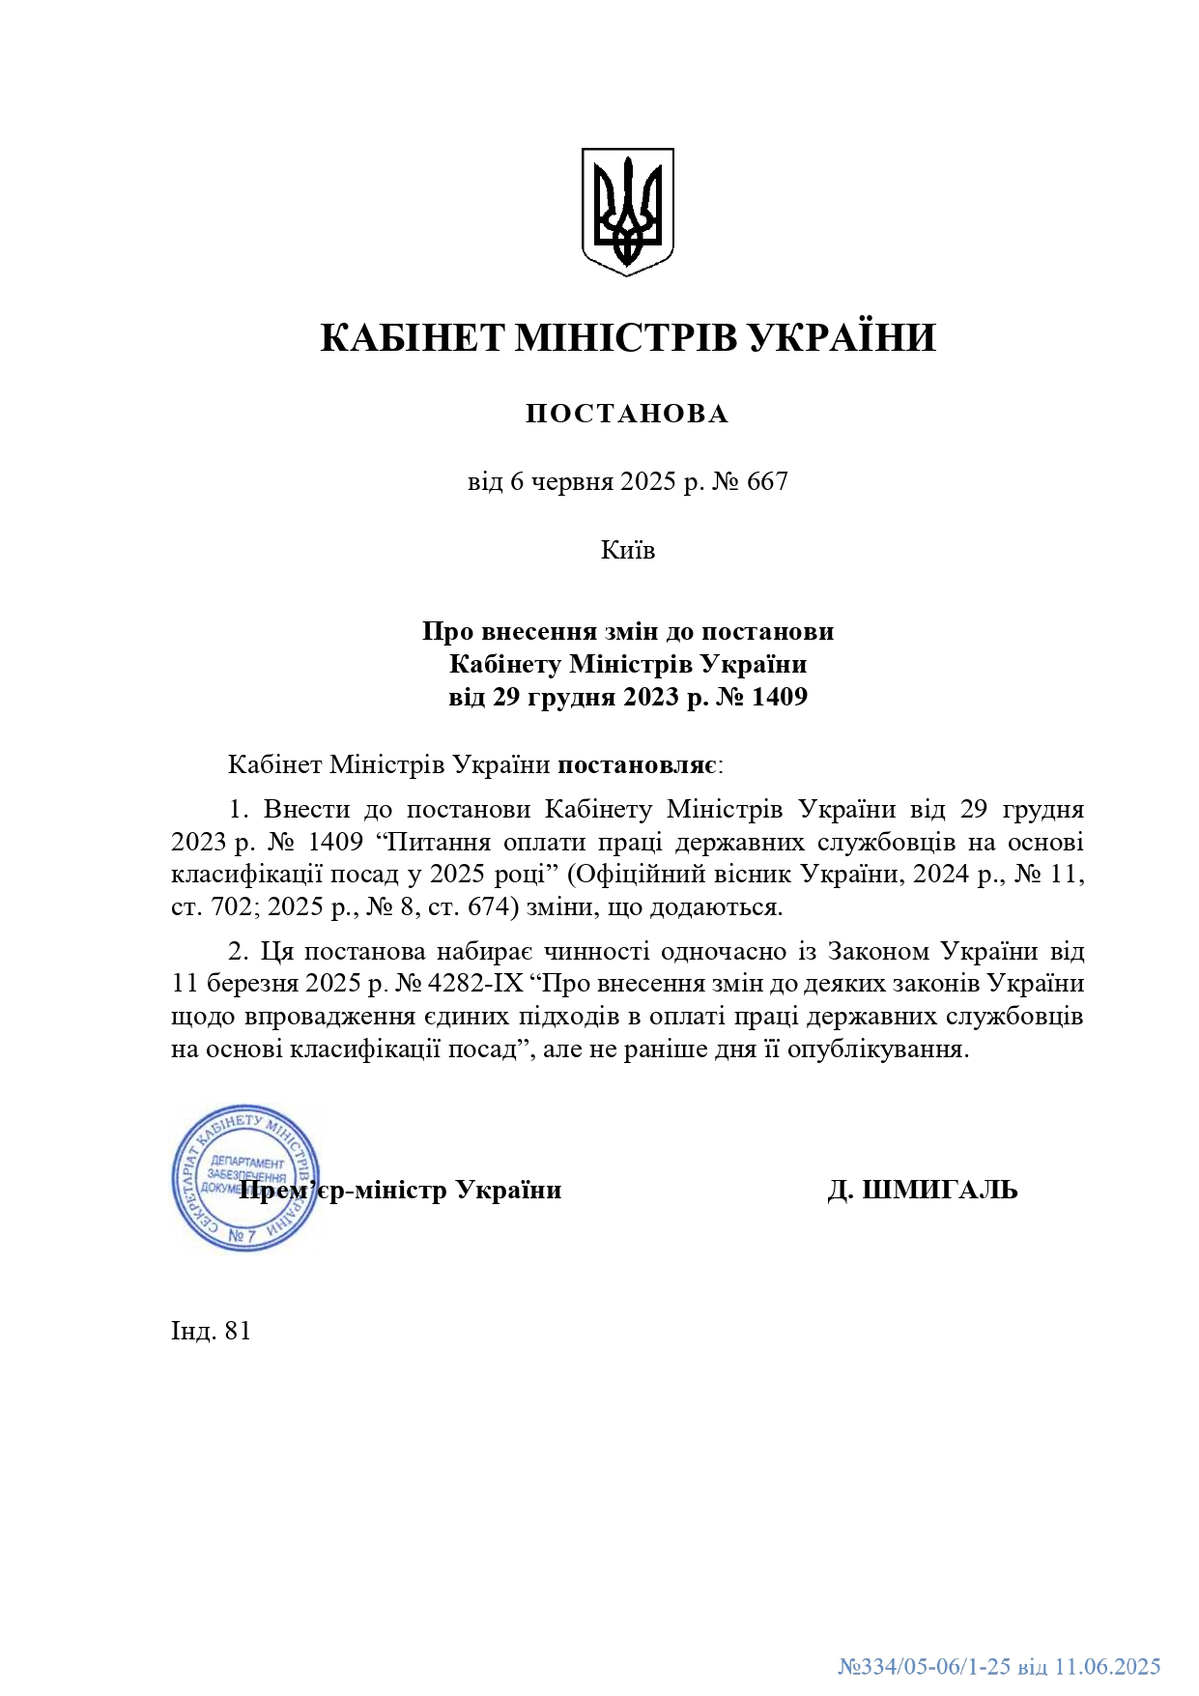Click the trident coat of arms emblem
pyautogui.click(x=627, y=212)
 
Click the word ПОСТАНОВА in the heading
pyautogui.click(x=627, y=414)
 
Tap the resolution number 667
pyautogui.click(x=767, y=481)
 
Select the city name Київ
pyautogui.click(x=628, y=550)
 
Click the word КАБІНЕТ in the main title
pyautogui.click(x=413, y=338)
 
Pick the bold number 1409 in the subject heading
pyautogui.click(x=779, y=697)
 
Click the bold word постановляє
pyautogui.click(x=637, y=765)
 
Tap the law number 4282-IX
pyautogui.click(x=474, y=984)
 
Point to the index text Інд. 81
pyautogui.click(x=211, y=1332)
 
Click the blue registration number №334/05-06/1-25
pyautogui.click(x=924, y=1666)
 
